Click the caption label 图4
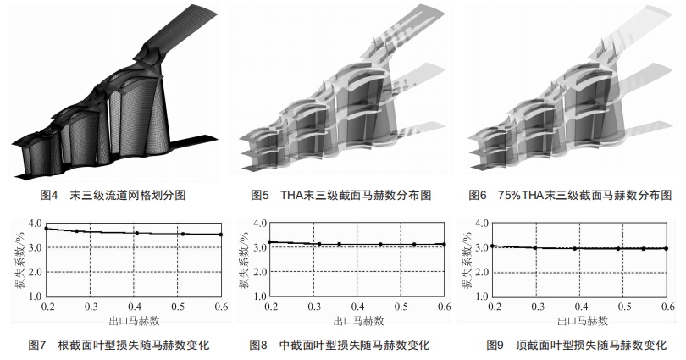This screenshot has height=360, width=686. pyautogui.click(x=49, y=195)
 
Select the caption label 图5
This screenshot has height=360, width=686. pyautogui.click(x=260, y=195)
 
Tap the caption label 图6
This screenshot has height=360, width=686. pyautogui.click(x=478, y=195)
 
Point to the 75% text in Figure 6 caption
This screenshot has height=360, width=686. pyautogui.click(x=509, y=195)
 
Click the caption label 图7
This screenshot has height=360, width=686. pyautogui.click(x=36, y=345)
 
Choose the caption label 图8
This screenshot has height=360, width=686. pyautogui.click(x=258, y=345)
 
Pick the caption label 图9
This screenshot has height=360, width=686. pyautogui.click(x=495, y=345)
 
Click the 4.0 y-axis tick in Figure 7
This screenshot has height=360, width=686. pyautogui.click(x=35, y=224)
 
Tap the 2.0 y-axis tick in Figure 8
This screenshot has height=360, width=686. pyautogui.click(x=260, y=272)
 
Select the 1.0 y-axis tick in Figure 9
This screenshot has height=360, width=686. pyautogui.click(x=482, y=296)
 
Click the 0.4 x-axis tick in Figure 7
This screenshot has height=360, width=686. pyautogui.click(x=135, y=307)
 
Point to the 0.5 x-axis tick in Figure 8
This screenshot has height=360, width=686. pyautogui.click(x=401, y=307)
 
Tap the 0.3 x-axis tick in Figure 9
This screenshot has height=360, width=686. pyautogui.click(x=538, y=307)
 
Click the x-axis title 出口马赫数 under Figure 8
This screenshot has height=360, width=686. pyautogui.click(x=359, y=322)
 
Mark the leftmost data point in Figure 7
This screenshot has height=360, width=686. pyautogui.click(x=46, y=229)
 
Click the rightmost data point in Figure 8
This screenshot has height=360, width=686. pyautogui.click(x=444, y=244)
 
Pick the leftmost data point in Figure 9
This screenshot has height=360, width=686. pyautogui.click(x=493, y=246)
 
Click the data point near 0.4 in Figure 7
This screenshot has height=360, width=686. pyautogui.click(x=137, y=233)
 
